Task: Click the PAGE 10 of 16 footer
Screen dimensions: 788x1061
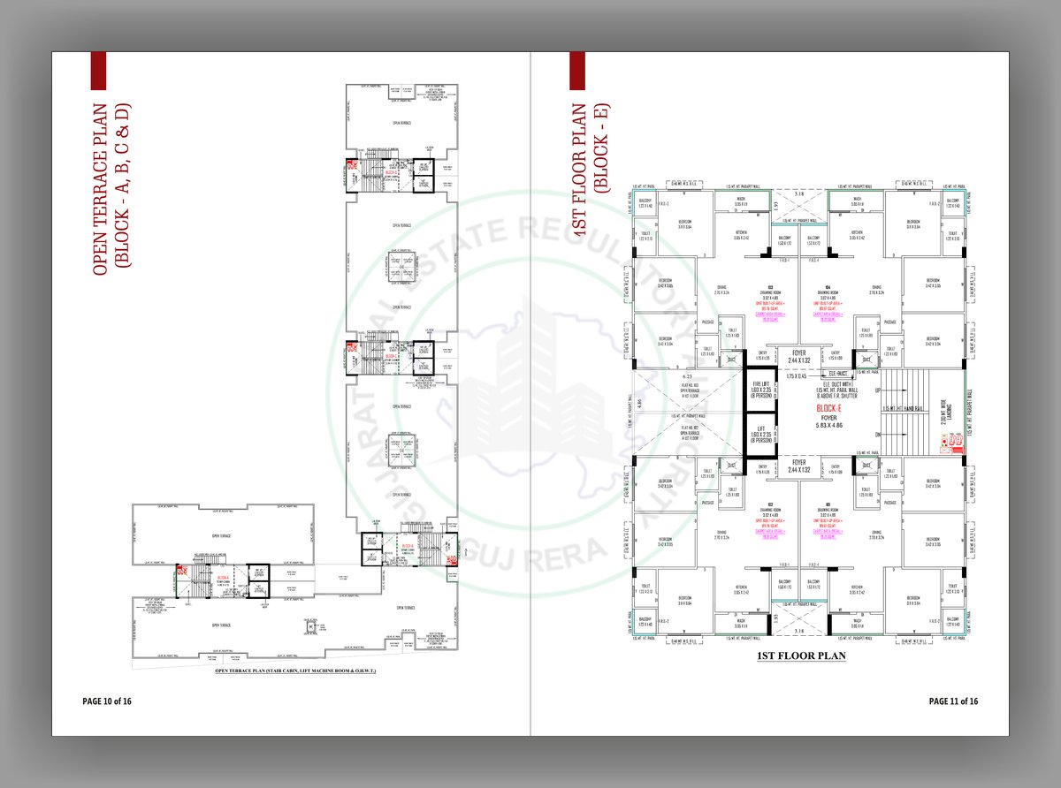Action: point(107,701)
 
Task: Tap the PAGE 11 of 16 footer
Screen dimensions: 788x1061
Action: point(953,701)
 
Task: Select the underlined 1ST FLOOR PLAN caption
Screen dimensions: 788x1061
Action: point(801,656)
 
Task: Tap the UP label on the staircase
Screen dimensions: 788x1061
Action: point(877,390)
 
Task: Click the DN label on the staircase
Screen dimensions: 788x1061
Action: point(877,434)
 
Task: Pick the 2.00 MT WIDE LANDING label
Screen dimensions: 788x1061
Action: point(943,412)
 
